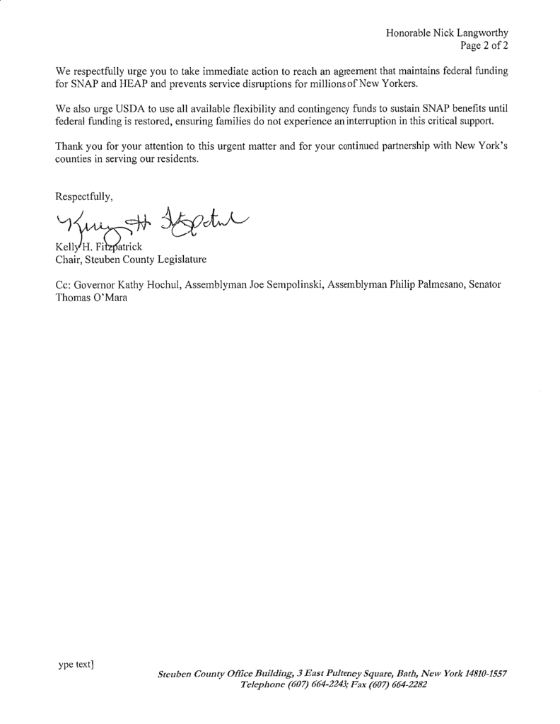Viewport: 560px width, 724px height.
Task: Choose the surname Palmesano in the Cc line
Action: coord(429,284)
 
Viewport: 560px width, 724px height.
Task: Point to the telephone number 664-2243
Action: coord(323,684)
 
